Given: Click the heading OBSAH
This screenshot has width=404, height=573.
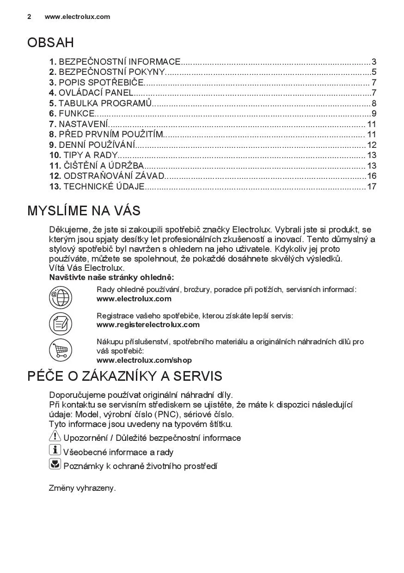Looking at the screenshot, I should [50, 43].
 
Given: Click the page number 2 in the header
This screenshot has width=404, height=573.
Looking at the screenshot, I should [29, 17].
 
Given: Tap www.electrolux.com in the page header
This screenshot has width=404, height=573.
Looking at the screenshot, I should [77, 17].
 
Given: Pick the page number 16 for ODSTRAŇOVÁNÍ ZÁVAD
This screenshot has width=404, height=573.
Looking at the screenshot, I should [372, 176].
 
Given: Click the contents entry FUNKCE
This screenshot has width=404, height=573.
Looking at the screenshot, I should [77, 114].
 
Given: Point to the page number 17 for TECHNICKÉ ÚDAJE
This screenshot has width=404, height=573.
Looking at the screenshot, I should [372, 187].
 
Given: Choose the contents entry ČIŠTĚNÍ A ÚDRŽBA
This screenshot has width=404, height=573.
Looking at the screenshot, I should [104, 166].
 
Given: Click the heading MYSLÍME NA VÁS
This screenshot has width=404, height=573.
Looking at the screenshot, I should [84, 211].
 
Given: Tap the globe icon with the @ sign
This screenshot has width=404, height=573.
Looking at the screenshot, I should [61, 297].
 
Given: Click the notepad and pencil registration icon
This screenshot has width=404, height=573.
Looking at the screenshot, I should [61, 323].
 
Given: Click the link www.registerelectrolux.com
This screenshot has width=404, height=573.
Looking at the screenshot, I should [148, 324].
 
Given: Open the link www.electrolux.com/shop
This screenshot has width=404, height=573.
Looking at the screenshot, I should [144, 360].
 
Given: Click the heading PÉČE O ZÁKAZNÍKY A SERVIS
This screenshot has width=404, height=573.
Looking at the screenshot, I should [125, 376].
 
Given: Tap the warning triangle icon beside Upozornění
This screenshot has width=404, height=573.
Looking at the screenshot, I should [55, 436].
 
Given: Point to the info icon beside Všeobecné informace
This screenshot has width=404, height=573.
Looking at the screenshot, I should [55, 450].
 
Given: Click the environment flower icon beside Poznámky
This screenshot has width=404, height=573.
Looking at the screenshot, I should [55, 464].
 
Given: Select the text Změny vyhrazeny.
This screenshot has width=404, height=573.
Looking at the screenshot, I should [82, 488].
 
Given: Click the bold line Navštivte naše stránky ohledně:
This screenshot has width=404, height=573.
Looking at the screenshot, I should [111, 277].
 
